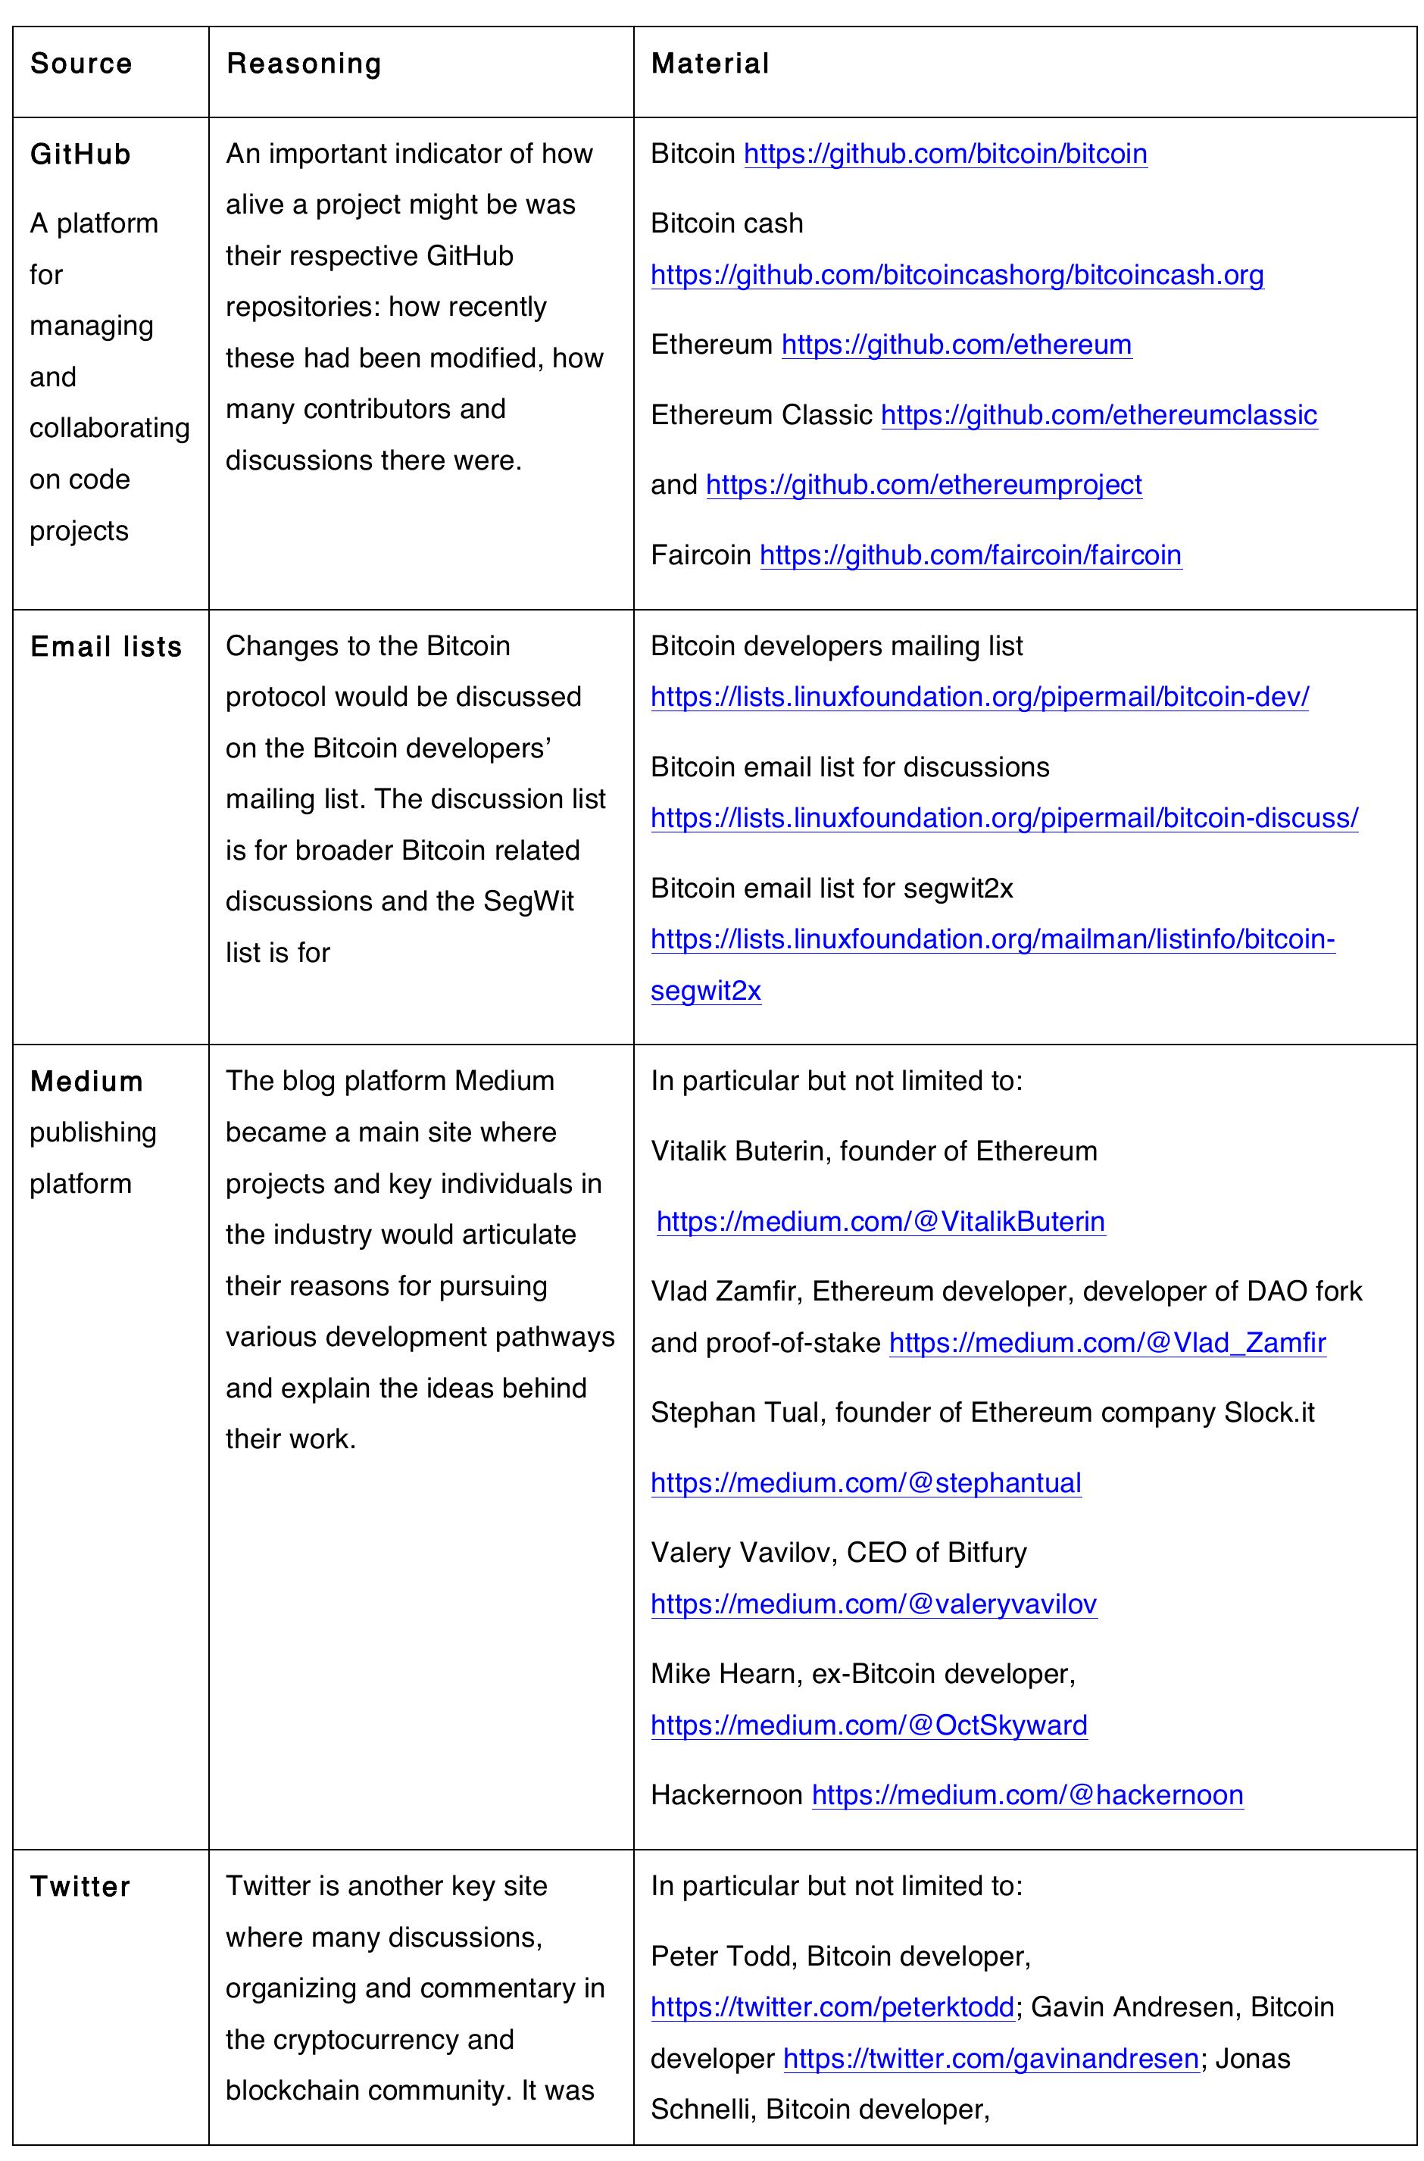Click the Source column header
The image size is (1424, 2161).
point(81,64)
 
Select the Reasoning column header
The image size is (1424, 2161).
point(303,64)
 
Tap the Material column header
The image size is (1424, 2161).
point(710,64)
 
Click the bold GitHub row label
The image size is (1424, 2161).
point(80,155)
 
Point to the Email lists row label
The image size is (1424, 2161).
point(105,647)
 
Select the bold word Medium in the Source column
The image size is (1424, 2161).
point(86,1082)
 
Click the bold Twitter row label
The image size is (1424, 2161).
point(80,1887)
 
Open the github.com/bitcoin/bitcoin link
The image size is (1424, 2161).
point(945,154)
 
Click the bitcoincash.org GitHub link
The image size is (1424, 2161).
point(957,275)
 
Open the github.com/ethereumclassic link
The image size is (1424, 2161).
point(1098,415)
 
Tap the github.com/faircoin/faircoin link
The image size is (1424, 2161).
point(970,554)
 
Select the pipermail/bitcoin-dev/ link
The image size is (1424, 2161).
point(979,698)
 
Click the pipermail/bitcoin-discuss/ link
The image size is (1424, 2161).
point(1004,818)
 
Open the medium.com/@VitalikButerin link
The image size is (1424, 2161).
point(880,1221)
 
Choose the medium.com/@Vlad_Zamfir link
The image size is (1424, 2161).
point(1107,1343)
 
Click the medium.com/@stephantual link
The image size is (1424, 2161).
point(866,1483)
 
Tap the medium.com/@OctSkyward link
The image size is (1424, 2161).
point(868,1725)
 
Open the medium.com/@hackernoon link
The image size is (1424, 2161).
point(1026,1795)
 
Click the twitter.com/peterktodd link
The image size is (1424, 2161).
point(832,2006)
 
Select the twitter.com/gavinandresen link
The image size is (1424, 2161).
point(990,2059)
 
